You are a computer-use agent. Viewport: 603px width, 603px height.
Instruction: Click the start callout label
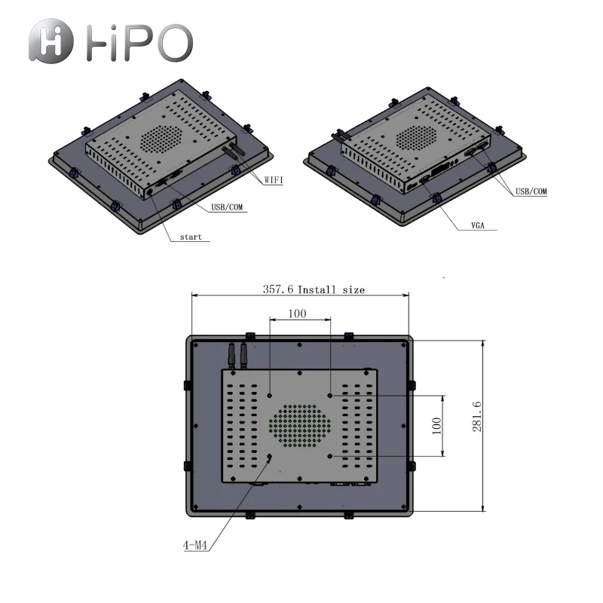[190, 237]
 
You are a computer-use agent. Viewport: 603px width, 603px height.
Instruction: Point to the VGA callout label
[478, 225]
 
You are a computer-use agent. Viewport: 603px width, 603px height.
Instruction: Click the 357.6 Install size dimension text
[313, 289]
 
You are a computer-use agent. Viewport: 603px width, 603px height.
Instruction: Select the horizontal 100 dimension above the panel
[298, 314]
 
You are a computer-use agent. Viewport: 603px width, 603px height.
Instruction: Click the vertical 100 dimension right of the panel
[436, 426]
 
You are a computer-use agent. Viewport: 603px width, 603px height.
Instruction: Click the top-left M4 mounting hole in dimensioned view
[270, 395]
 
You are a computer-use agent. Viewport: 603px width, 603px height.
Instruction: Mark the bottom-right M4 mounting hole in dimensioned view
[330, 456]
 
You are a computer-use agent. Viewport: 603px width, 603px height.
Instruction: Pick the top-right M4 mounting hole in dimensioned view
[330, 395]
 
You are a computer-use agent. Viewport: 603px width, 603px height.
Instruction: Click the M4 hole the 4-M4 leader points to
[270, 456]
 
